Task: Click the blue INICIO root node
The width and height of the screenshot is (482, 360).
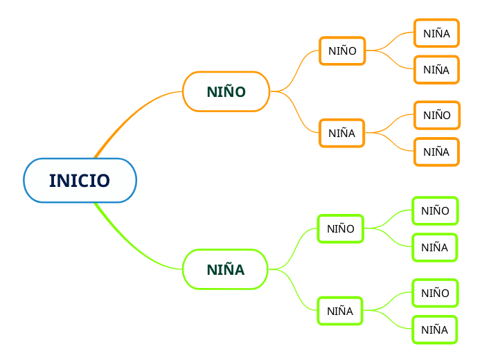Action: point(80,181)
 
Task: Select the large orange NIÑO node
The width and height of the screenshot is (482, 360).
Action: point(226,91)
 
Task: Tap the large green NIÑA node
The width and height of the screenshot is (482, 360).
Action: point(225,269)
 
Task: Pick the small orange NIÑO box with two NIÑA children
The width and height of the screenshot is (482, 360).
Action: point(342,51)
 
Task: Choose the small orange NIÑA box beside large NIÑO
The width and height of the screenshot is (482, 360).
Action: point(341,133)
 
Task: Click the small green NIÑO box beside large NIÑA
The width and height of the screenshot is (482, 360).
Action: point(340,228)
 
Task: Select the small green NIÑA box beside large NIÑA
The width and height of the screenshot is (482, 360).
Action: point(339,311)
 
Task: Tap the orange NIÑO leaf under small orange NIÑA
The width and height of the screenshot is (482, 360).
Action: point(436,115)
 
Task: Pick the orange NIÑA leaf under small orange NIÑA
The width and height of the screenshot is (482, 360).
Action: point(436,152)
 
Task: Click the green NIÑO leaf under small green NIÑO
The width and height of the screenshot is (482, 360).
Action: point(435,210)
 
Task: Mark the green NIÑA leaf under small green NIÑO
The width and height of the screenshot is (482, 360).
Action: point(434,247)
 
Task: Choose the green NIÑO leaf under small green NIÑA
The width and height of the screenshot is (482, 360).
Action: point(435,293)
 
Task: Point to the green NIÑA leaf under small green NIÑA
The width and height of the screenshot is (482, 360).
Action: point(434,330)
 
